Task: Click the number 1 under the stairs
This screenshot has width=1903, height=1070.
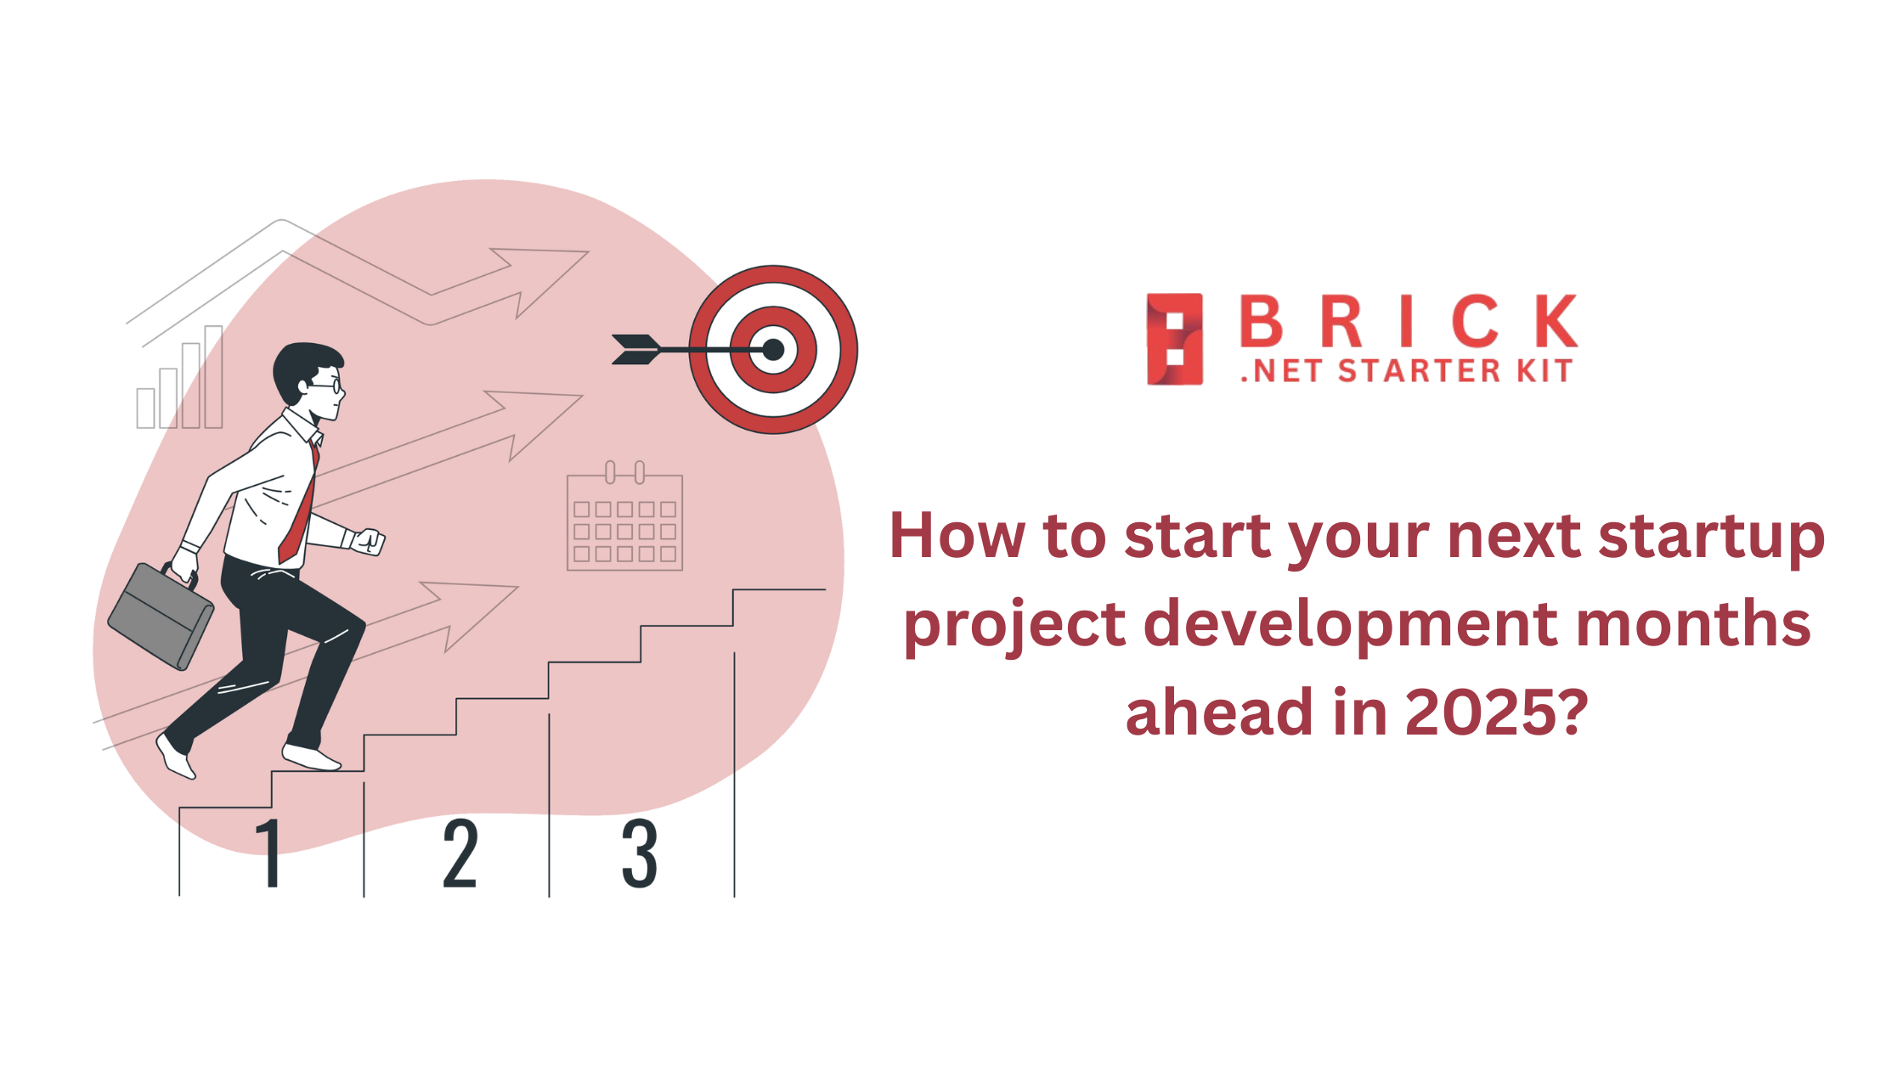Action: [269, 853]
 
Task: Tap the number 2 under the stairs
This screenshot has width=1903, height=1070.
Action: [460, 853]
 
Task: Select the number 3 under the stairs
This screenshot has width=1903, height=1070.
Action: [640, 853]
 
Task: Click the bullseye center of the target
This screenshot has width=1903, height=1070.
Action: [773, 350]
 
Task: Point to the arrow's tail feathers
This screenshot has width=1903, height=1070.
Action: [636, 350]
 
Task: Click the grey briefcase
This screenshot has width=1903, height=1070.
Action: [161, 616]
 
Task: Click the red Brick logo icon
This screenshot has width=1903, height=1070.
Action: [1175, 339]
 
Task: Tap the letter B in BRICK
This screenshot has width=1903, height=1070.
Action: [1261, 322]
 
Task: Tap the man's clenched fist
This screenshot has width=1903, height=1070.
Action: [369, 541]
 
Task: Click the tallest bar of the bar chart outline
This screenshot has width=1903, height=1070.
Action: [213, 376]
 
